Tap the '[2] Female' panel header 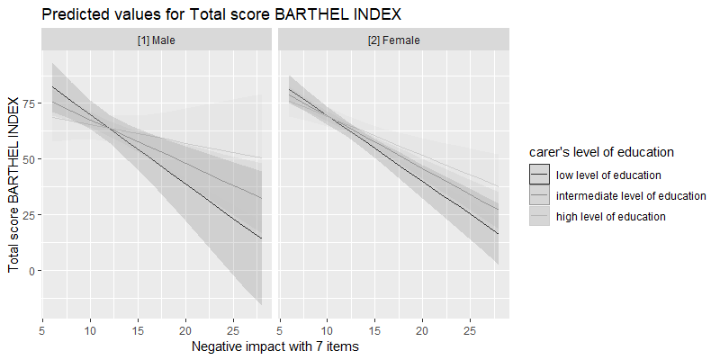[392, 40]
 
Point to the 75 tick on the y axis [29, 103]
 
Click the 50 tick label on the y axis [29, 159]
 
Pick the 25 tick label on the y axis [29, 215]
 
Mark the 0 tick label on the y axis [32, 271]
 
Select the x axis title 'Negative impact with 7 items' [275, 345]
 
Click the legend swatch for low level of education [539, 175]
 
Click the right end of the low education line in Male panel [262, 238]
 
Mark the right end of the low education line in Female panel [499, 234]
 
